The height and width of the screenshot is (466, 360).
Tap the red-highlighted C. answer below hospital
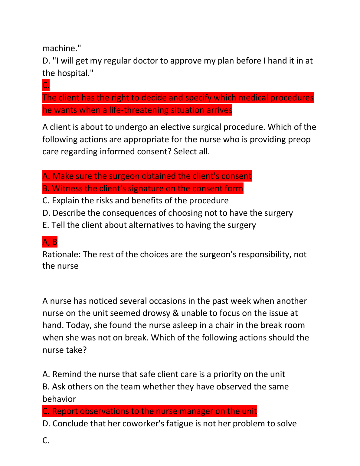click(x=46, y=85)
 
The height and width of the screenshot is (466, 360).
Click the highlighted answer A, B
click(x=50, y=242)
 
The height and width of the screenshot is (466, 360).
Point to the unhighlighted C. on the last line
click(x=46, y=441)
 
